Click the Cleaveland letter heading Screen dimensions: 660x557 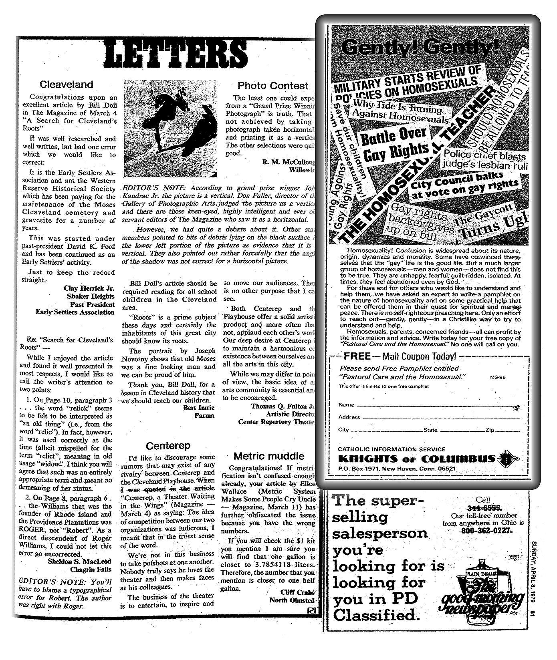67,85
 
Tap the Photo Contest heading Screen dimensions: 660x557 273,86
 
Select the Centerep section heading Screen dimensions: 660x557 168,446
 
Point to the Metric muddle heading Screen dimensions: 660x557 269,456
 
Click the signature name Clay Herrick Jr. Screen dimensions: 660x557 89,288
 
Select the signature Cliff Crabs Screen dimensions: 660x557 297,592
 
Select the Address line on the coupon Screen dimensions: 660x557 441,418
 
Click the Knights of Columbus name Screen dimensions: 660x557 417,459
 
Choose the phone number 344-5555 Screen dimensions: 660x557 482,508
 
